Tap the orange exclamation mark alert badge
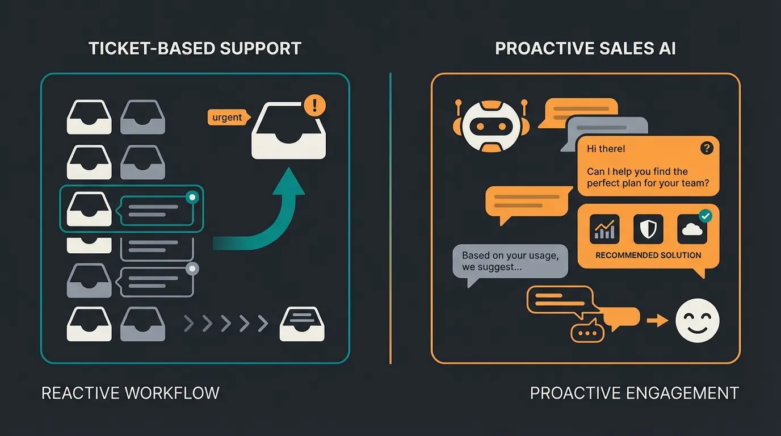point(315,105)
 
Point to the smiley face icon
point(697,321)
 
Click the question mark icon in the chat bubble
point(706,148)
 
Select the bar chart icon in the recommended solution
point(604,229)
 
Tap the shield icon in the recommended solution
point(648,229)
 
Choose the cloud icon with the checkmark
point(692,229)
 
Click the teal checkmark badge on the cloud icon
point(705,216)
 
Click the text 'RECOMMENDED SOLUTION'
point(648,255)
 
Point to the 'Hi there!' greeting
point(606,149)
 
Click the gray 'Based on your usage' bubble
point(510,261)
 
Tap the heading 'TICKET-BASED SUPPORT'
point(195,48)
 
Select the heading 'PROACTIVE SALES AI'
point(585,48)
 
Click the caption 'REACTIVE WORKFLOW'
point(131,393)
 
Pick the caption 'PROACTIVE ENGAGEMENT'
point(634,393)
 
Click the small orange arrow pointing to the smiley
point(657,321)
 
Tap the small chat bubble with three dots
point(587,331)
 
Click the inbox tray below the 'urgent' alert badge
point(288,133)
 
